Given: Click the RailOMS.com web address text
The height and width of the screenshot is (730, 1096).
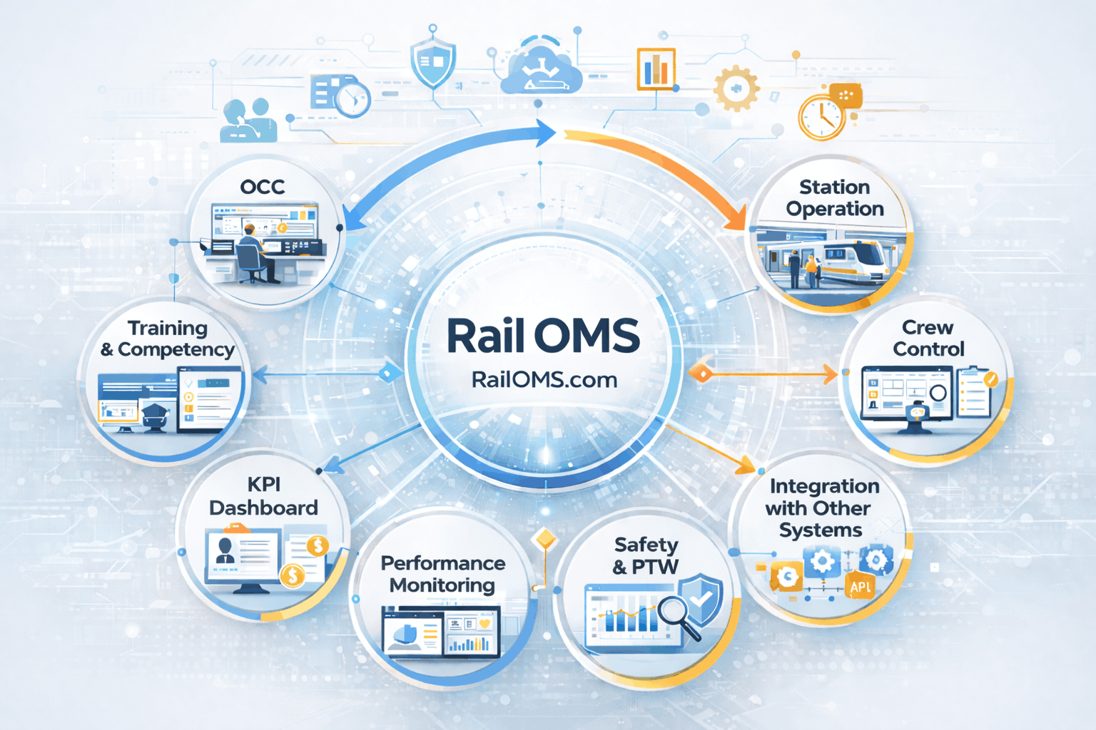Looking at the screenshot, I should (x=544, y=379).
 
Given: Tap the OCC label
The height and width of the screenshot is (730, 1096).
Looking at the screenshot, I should (x=263, y=187).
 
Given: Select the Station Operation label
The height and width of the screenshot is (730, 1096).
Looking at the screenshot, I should (x=834, y=197).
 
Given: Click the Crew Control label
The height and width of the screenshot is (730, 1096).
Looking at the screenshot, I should (x=928, y=338).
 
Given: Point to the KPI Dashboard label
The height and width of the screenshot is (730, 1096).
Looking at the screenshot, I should (x=263, y=496).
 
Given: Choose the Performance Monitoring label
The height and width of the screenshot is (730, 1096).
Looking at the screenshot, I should (x=442, y=574).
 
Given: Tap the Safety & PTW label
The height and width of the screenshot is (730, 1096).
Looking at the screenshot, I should (x=646, y=555).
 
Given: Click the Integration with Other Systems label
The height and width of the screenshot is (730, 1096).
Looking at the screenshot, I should (x=821, y=508).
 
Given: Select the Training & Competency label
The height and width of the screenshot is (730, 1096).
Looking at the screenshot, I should (x=168, y=339).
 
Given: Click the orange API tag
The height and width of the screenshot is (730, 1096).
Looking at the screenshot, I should (x=861, y=587).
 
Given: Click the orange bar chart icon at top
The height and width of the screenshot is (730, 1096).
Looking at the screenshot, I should (x=656, y=69).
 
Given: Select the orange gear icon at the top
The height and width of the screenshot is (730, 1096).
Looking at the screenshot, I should (x=735, y=89).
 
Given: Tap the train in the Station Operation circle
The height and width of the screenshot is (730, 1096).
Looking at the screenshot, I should (x=856, y=260).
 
